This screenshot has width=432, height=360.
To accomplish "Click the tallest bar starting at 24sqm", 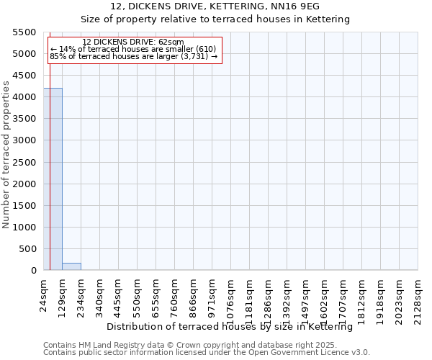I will coord(53,179).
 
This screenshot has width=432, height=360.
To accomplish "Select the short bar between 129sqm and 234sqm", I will coord(71,266).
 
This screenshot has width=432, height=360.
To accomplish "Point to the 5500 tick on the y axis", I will coord(24,32).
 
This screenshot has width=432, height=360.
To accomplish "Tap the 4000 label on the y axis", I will coord(24,97).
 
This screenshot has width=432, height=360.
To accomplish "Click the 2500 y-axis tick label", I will coord(24,162).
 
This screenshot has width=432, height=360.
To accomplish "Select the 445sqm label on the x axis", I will coord(119,294).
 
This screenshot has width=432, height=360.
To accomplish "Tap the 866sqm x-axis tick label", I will coord(194,294).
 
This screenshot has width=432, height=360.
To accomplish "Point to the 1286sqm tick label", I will coord(269,296).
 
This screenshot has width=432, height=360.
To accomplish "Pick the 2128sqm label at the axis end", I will coord(418,296).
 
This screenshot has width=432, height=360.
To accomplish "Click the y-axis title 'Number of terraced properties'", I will coord(6,155).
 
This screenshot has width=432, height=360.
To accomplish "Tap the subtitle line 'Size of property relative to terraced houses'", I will coord(194,19).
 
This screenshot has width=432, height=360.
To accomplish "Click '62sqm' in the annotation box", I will coord(171,42).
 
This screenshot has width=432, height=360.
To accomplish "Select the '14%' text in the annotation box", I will coord(66,49).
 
